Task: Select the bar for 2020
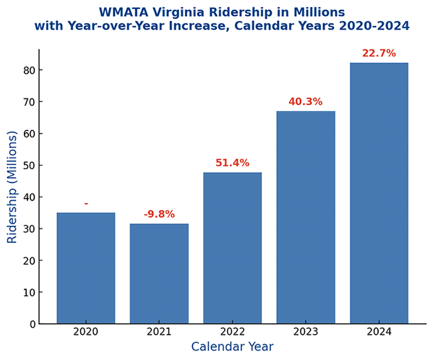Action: (x=86, y=268)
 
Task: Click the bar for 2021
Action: (x=159, y=273)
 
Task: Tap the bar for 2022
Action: (x=233, y=248)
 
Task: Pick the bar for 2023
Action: (x=306, y=217)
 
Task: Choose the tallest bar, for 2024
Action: (x=379, y=193)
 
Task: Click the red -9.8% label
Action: (x=159, y=214)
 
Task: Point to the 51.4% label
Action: (x=233, y=163)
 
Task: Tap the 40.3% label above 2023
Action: (x=306, y=102)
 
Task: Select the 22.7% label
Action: (x=379, y=53)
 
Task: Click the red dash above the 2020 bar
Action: (x=86, y=203)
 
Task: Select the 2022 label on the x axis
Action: (x=233, y=332)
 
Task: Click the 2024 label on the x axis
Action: (x=379, y=332)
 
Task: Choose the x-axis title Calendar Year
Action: (x=233, y=347)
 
